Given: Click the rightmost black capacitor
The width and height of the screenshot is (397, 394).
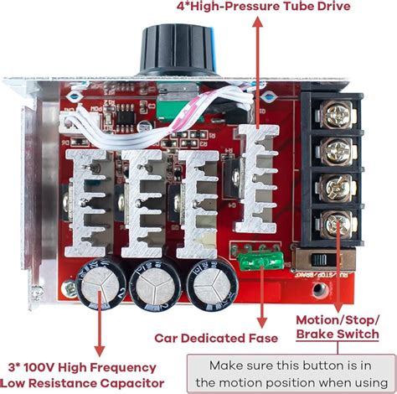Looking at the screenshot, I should coord(206,284).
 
